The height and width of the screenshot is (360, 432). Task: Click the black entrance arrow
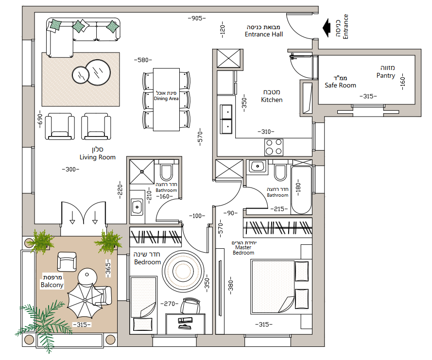coord(327,28)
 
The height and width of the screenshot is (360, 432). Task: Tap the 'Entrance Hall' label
coord(264,34)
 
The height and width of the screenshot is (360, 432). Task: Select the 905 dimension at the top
coord(197,18)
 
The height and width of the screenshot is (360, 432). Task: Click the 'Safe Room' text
coord(340,86)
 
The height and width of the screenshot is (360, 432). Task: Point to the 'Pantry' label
coord(386,75)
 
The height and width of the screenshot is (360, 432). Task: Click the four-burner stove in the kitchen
coord(274,147)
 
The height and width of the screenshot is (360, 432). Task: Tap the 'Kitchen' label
coord(272,100)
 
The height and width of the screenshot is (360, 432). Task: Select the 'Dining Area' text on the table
coord(166,99)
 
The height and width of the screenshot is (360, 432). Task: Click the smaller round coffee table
coord(81,75)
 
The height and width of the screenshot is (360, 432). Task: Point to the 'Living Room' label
coord(98,157)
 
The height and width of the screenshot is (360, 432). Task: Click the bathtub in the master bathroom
coord(301,190)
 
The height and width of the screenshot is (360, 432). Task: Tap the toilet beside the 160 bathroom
coord(166,171)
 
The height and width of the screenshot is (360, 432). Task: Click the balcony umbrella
coord(85,301)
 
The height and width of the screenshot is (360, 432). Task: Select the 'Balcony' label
coord(52,285)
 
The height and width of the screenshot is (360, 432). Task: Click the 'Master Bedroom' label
coord(243,250)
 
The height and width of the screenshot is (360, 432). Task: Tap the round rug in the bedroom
coord(183,271)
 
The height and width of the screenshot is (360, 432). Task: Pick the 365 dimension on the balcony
coord(108,268)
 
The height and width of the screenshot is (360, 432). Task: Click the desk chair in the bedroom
coord(190,305)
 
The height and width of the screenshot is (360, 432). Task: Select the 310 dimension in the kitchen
coord(266,132)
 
